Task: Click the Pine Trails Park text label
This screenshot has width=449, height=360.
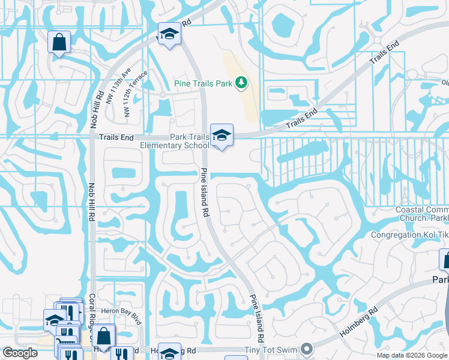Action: (202, 83)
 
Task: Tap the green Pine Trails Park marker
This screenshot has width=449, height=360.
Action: (241, 82)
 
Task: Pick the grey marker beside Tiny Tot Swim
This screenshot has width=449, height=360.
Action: (307, 349)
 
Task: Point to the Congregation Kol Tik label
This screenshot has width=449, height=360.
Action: (409, 235)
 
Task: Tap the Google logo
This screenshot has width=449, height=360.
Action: (20, 353)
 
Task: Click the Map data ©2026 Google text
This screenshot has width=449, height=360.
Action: (411, 355)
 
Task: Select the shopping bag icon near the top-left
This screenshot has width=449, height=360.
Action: (59, 42)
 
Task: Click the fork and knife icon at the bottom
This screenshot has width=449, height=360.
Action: (124, 353)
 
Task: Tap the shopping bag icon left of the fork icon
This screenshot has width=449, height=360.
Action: (103, 337)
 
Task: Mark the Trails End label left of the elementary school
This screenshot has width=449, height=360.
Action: (116, 137)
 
